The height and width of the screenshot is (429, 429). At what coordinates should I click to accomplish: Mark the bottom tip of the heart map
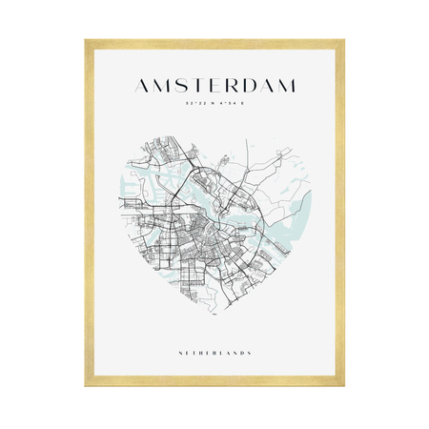pos(214,314)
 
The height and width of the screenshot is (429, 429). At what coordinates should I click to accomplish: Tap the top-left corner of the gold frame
pos(86,41)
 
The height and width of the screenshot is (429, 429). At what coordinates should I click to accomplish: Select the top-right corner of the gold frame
pos(343,41)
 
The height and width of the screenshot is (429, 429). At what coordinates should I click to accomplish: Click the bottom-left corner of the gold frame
pos(86,385)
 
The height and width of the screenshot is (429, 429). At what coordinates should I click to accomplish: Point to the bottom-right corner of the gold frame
pos(343,385)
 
